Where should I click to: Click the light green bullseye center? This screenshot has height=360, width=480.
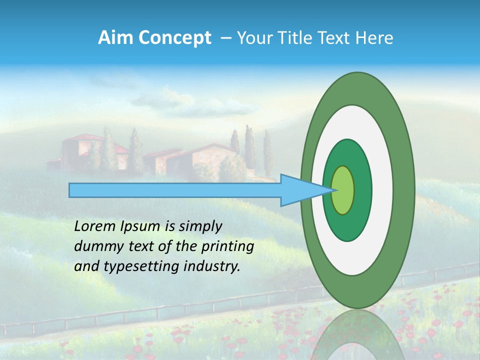pos(343,190)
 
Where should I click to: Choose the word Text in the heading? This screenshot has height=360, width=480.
pos(335,38)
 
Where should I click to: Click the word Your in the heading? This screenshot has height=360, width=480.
pos(253,38)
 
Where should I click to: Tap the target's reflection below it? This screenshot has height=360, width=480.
pos(357,335)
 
